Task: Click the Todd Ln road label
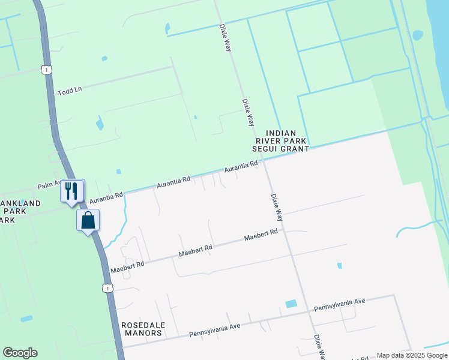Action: coord(70,92)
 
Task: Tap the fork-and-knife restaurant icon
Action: coord(71,191)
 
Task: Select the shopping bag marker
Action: coord(88,220)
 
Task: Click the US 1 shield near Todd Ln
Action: coord(46,70)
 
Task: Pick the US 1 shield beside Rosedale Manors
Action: coord(107,289)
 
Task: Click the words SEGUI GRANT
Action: coord(287,148)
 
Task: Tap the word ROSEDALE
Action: coord(142,325)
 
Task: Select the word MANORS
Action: coord(143,333)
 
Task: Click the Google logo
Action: coord(20,353)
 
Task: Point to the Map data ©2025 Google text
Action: coord(411,355)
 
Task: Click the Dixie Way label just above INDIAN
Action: coord(248,112)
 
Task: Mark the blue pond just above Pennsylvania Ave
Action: coord(291,304)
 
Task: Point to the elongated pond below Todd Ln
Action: coord(99,124)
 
